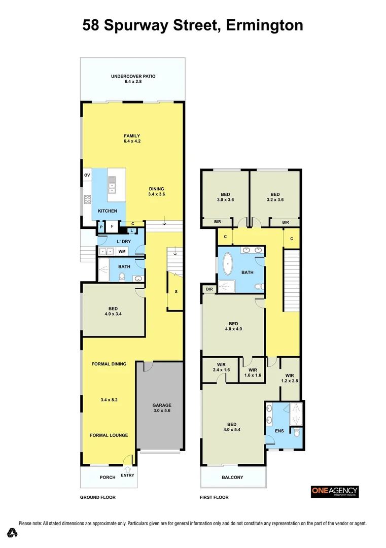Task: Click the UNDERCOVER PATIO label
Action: pyautogui.click(x=133, y=79)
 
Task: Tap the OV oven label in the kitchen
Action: pyautogui.click(x=87, y=176)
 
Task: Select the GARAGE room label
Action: pyautogui.click(x=162, y=408)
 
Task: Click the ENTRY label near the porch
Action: pyautogui.click(x=128, y=475)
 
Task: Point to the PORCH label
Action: pyautogui.click(x=107, y=477)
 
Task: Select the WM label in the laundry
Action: pyautogui.click(x=122, y=251)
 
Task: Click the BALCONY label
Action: pyautogui.click(x=233, y=477)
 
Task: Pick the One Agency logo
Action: pyautogui.click(x=334, y=491)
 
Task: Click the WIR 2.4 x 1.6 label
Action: pyautogui.click(x=221, y=367)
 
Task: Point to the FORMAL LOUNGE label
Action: pyautogui.click(x=109, y=435)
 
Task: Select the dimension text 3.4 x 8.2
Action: pyautogui.click(x=109, y=400)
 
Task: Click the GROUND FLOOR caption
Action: pyautogui.click(x=97, y=497)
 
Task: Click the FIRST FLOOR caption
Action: pyautogui.click(x=214, y=497)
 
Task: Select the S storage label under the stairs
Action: pyautogui.click(x=176, y=292)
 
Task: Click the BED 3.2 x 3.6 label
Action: pyautogui.click(x=275, y=197)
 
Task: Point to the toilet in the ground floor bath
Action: pyautogui.click(x=122, y=277)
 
